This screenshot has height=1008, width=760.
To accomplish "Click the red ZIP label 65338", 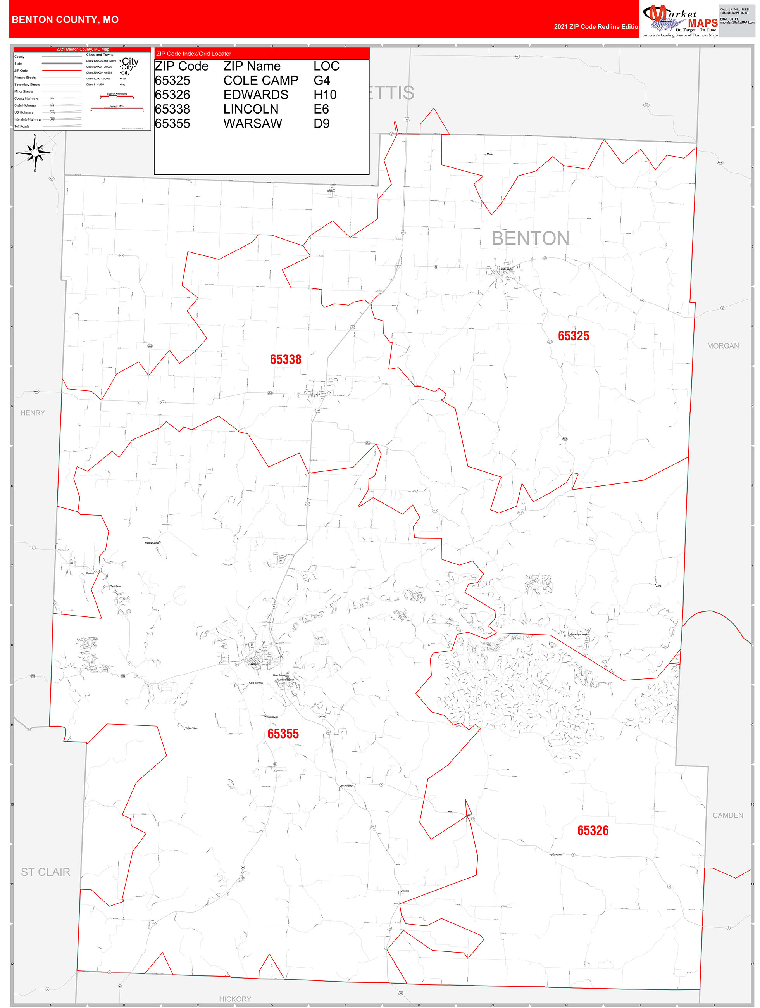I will coord(285,359).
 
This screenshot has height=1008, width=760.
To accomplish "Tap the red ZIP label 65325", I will coord(573,336).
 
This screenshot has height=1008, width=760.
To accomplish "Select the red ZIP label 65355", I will coord(283,734).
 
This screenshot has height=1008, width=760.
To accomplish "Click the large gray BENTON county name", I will coord(530,238).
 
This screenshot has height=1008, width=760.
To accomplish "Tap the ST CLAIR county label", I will coord(46,872).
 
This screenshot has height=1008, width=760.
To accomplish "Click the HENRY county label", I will coord(33,413).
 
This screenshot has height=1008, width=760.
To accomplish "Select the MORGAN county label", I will coord(723,346).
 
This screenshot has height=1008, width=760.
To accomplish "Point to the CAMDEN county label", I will coord(728,815).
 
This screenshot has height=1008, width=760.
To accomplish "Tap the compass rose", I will coord(35,153).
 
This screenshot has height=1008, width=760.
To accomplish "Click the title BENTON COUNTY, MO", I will coord(65,20).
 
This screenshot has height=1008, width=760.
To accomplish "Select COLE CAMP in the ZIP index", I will coord(260,81).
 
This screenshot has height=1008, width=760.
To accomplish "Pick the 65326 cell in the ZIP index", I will coord(172,95).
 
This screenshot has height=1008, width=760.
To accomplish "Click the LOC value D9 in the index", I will coord(321,124).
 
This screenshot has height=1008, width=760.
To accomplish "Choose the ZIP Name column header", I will coord(252,66).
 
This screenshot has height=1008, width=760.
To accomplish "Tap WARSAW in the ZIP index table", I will coord(252,124).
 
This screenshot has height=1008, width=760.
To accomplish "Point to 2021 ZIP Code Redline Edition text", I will coord(597,26).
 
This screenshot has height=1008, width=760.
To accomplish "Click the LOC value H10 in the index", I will coord(325,95).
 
